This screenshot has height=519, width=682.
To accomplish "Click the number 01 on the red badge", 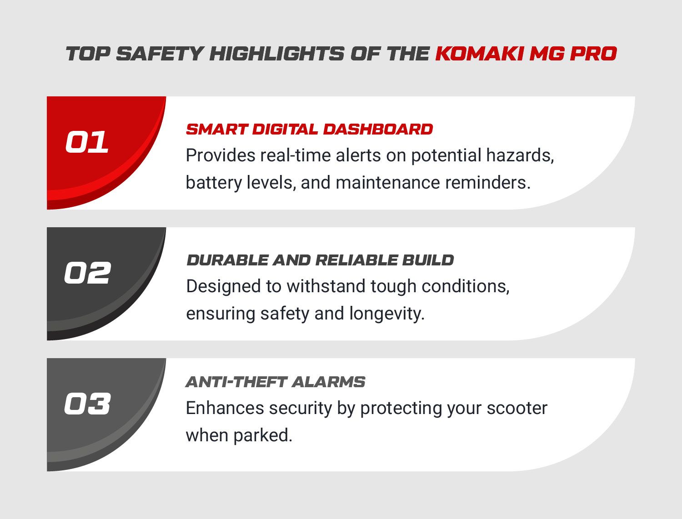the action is click(x=87, y=142).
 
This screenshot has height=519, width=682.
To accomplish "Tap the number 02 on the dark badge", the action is click(x=87, y=273).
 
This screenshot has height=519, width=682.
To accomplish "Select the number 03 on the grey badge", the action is click(x=87, y=404).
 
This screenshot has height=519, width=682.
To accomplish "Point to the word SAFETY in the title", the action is click(x=160, y=54).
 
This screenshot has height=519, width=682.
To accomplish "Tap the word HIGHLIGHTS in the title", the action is click(x=277, y=54).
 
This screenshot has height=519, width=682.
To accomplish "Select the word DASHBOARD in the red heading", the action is click(x=378, y=129).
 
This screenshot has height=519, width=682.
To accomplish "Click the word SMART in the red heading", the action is click(x=216, y=129).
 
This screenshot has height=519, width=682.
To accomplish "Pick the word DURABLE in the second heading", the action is click(x=227, y=260).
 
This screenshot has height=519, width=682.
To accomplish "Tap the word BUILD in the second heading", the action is click(x=428, y=260).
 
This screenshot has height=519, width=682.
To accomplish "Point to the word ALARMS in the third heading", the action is click(x=328, y=382).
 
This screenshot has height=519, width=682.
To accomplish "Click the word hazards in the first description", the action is click(x=520, y=155).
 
